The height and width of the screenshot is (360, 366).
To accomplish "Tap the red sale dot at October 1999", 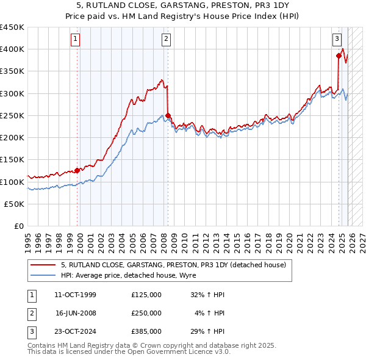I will coord(77,171).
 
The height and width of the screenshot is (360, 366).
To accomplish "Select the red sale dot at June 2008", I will coord(168,115).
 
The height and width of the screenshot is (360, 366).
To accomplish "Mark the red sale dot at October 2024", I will coord(339,56).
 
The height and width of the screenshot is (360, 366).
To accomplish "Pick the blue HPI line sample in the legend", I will coord(43,275).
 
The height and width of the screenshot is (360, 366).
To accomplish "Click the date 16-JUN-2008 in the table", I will coord(76,313).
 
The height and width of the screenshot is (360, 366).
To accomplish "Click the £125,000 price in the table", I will coord(146,295).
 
